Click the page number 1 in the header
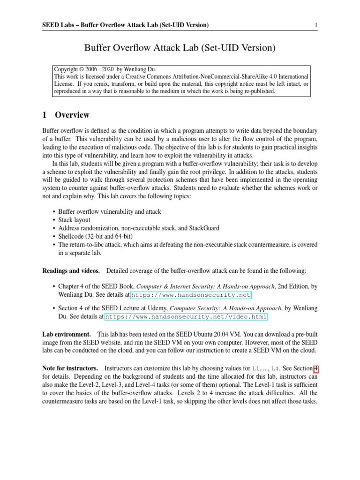pyautogui.click(x=316, y=24)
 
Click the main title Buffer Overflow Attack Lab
pyautogui.click(x=180, y=48)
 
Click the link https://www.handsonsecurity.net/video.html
pyautogui.click(x=186, y=316)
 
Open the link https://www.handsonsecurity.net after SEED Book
pyautogui.click(x=191, y=295)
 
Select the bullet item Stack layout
pyautogui.click(x=74, y=219)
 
